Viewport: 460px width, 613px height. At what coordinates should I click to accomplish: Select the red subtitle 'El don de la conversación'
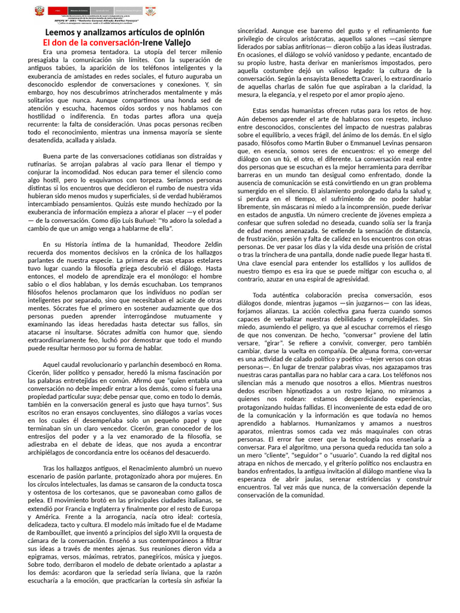tap(90, 43)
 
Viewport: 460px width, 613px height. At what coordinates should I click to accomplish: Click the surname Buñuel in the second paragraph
tap(143, 220)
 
